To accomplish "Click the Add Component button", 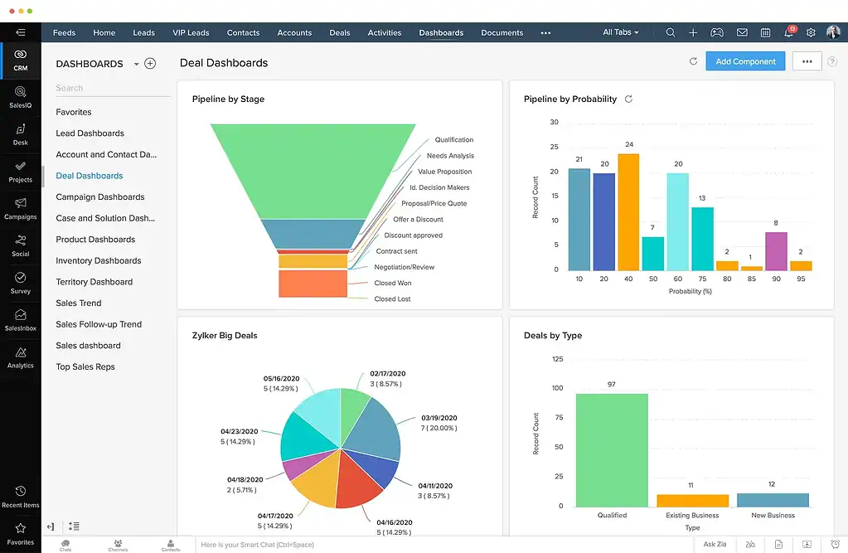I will pyautogui.click(x=745, y=61).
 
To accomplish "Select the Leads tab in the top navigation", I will pyautogui.click(x=143, y=33).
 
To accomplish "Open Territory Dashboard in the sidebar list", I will pyautogui.click(x=94, y=282).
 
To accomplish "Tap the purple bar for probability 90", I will pyautogui.click(x=776, y=250).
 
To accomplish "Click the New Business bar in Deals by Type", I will pyautogui.click(x=772, y=500).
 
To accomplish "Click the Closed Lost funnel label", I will pyautogui.click(x=392, y=298).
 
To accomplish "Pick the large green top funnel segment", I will pyautogui.click(x=313, y=170).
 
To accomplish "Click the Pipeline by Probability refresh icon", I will pyautogui.click(x=628, y=99).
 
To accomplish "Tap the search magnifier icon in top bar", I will pyautogui.click(x=671, y=33).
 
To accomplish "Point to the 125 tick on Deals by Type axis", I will pyautogui.click(x=556, y=359).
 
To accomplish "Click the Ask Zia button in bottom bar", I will pyautogui.click(x=715, y=545).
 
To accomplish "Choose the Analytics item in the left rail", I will pyautogui.click(x=20, y=357).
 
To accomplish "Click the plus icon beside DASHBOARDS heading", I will pyautogui.click(x=150, y=64).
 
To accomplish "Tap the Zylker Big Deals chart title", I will pyautogui.click(x=225, y=336).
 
